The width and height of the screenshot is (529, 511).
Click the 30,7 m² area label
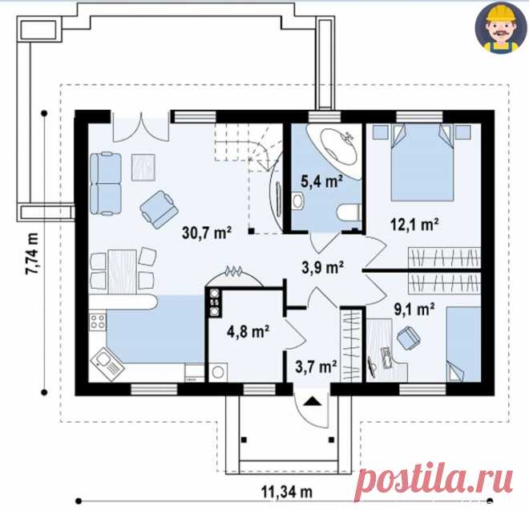(207, 233)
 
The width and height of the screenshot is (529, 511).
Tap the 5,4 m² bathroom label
(321, 181)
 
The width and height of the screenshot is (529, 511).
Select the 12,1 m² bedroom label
(414, 224)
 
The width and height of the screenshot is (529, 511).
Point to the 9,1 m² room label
(414, 309)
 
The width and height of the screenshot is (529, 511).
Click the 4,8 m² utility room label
(248, 331)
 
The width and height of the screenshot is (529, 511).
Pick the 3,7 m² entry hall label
(316, 367)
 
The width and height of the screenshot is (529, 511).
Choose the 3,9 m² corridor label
(322, 267)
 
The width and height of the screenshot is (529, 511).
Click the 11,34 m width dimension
(287, 492)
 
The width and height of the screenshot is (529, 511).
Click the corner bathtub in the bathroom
(334, 150)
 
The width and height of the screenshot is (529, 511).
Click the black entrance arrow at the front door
(312, 401)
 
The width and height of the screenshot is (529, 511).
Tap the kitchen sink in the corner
(107, 364)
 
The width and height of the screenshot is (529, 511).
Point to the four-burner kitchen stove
(98, 321)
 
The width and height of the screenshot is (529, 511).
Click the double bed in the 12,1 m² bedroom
(422, 163)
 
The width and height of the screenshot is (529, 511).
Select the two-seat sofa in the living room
(106, 184)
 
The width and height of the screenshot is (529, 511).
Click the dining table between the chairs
(122, 271)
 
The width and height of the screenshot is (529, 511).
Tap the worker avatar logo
(500, 28)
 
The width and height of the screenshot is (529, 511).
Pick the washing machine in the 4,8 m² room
(218, 372)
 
